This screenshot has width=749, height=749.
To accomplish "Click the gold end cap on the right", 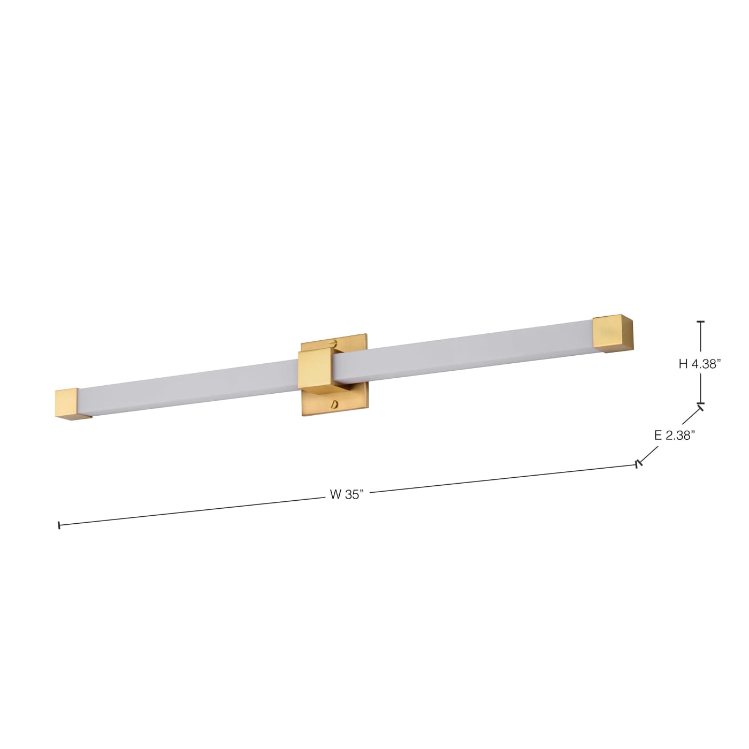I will (613, 333).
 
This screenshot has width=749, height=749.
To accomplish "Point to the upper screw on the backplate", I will (333, 342).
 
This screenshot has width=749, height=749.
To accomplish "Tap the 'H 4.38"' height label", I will (700, 364).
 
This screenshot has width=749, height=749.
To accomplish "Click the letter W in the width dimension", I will (335, 495).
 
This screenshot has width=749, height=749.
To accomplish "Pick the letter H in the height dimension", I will (683, 364).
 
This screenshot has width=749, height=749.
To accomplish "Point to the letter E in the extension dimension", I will (658, 435).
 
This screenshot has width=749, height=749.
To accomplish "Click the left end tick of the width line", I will (58, 525).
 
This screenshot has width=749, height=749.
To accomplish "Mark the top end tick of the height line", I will (700, 322).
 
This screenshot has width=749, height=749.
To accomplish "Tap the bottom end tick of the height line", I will (700, 403).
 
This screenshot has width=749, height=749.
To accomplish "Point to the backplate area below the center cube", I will (321, 404).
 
